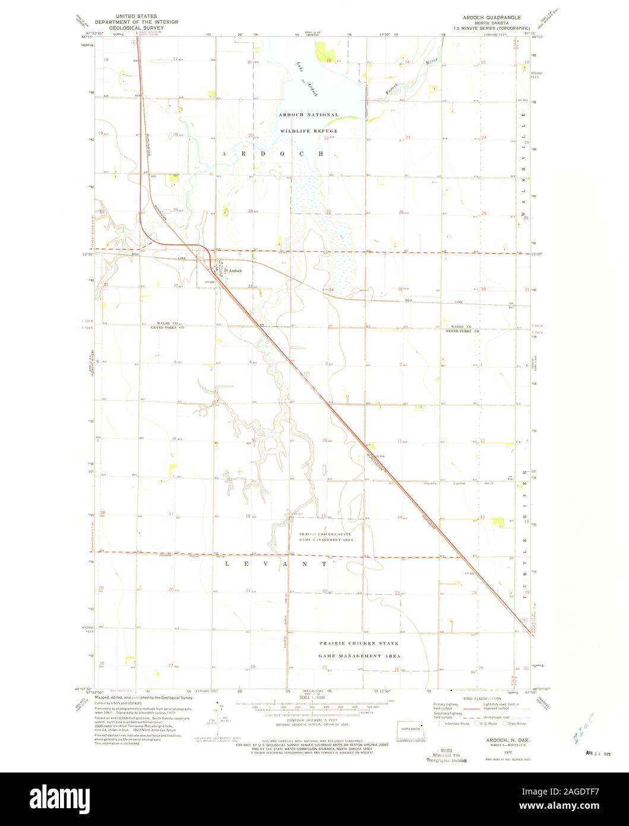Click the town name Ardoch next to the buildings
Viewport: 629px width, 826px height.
[236, 270]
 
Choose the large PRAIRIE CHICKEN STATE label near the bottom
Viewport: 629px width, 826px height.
[358, 643]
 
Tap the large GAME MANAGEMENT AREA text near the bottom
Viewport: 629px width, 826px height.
[359, 655]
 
